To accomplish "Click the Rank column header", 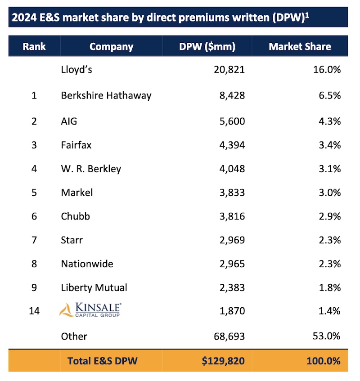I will [34, 46].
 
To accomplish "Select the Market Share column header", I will [300, 46].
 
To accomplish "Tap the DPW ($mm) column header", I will [207, 46].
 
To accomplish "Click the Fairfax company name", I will [76, 145].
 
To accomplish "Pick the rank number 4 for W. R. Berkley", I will [34, 169].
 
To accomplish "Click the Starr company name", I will [72, 240].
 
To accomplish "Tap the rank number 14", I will [34, 311].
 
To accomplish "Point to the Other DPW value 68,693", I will [228, 336].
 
